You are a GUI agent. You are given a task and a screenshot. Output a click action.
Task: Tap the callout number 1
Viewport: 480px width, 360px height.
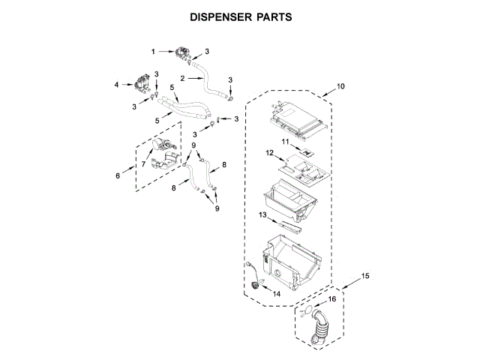pos(153,52)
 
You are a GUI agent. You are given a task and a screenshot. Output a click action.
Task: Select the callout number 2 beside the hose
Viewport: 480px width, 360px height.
pos(181,79)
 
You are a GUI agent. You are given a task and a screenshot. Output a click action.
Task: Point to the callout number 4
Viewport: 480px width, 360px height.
pos(117,85)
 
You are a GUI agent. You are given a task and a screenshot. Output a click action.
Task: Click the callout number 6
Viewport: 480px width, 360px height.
pos(117,176)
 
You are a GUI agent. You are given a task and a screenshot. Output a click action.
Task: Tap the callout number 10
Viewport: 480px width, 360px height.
pos(341,88)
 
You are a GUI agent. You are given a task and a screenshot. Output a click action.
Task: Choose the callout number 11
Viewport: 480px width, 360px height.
pos(285,141)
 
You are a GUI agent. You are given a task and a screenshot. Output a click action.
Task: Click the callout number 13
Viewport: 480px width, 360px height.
pos(263,214)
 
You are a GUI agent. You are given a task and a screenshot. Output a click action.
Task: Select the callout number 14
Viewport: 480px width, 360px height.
pos(277,295)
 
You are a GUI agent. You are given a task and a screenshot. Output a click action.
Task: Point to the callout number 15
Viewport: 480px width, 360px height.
pos(365,277)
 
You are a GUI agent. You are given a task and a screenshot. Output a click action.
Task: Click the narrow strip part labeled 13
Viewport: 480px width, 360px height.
pos(289,224)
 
